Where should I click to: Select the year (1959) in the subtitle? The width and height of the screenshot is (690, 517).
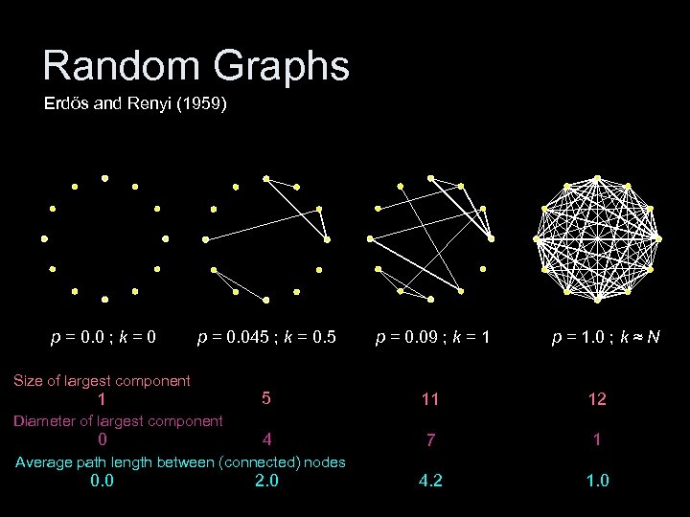[x=196, y=104]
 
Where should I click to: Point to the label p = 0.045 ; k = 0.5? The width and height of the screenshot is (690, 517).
[x=266, y=337]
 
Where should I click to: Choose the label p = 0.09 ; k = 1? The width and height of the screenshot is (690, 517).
[x=433, y=337]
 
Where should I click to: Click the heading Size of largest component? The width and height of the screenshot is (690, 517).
[x=102, y=381]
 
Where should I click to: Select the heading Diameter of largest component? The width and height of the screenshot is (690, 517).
[x=118, y=420]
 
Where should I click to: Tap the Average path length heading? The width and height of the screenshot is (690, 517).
[x=180, y=462]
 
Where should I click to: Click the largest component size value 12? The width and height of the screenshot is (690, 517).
[x=597, y=399]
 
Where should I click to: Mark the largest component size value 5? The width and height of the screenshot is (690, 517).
[x=266, y=397]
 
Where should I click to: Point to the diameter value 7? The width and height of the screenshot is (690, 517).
[x=431, y=441]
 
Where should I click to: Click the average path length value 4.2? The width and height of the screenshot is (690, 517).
[x=431, y=481]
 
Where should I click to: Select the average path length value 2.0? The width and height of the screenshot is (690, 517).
[x=267, y=481]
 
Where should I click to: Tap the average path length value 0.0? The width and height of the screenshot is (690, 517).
[x=102, y=481]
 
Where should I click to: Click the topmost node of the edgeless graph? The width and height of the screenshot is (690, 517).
[x=104, y=178]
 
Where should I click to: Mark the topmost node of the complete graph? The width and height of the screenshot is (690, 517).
[x=597, y=178]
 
